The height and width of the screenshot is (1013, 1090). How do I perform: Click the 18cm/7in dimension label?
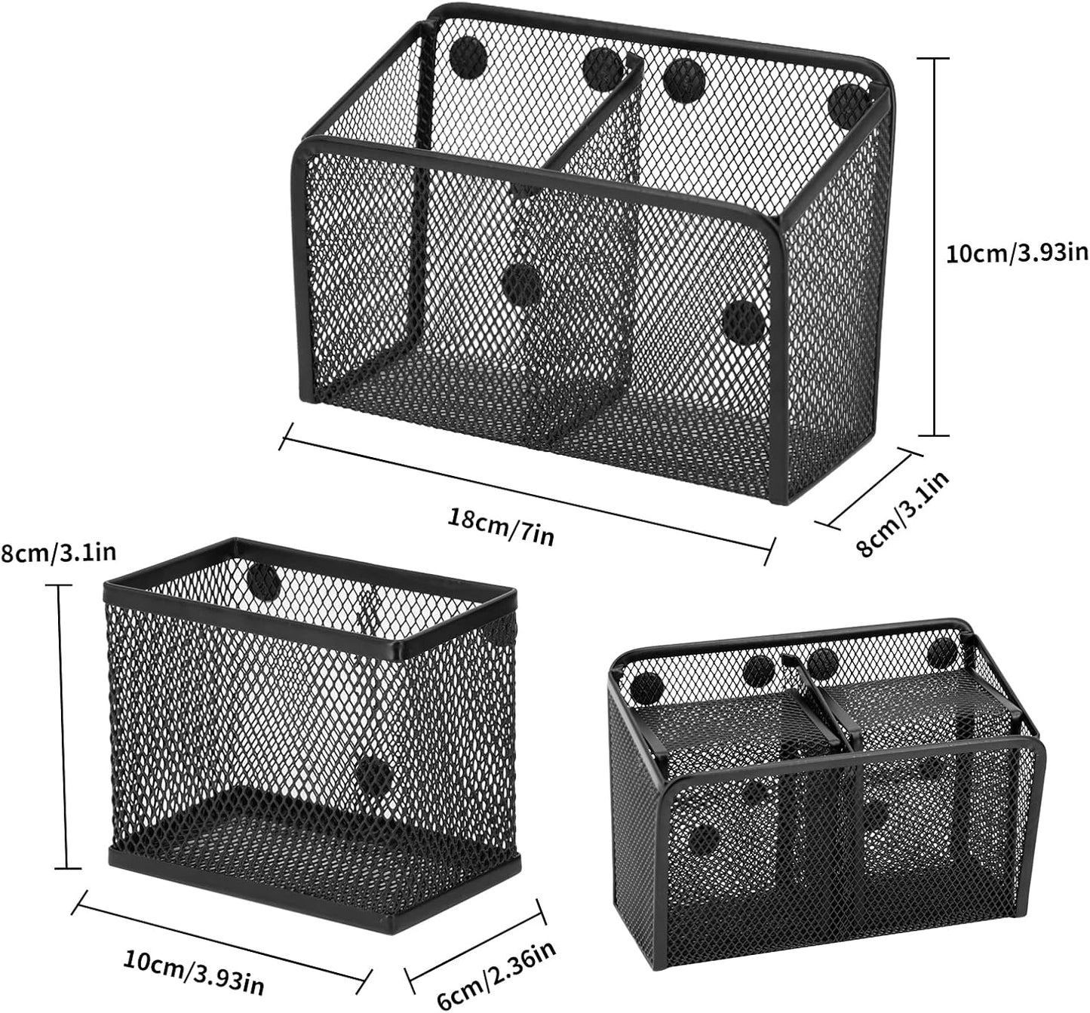(x=502, y=526)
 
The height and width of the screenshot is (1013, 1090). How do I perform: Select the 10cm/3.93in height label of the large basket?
(x=1017, y=253)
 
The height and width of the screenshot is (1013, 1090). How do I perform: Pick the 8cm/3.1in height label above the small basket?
(x=59, y=553)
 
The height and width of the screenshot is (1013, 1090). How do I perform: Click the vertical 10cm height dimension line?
(x=936, y=247)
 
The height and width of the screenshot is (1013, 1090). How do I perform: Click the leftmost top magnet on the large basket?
(x=467, y=56)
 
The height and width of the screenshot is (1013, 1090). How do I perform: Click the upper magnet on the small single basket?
(x=263, y=579)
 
